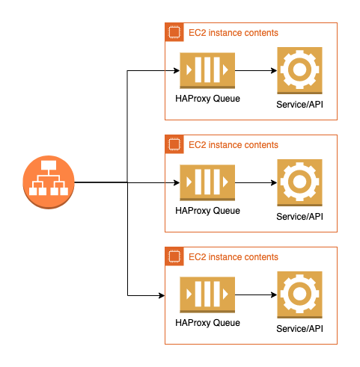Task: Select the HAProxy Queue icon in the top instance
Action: pos(207,72)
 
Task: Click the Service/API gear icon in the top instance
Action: pos(300,70)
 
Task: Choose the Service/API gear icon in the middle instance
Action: pos(300,182)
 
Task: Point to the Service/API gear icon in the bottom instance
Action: pos(300,294)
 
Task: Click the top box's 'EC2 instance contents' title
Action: pos(233,33)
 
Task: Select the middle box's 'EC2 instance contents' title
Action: pos(233,145)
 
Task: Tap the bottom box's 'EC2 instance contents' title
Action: pos(233,257)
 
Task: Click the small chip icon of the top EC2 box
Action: pos(174,32)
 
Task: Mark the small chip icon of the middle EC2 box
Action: pos(174,144)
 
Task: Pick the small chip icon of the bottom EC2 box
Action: pos(174,256)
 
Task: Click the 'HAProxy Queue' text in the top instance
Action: pos(206,99)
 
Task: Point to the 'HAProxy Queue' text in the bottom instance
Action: pos(206,323)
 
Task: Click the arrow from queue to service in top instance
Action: pos(255,72)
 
